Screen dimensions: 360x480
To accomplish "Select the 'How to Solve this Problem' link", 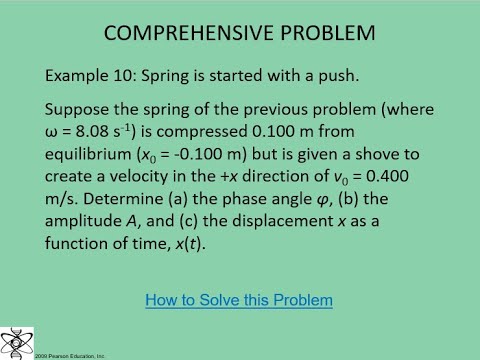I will tap(239, 299).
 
